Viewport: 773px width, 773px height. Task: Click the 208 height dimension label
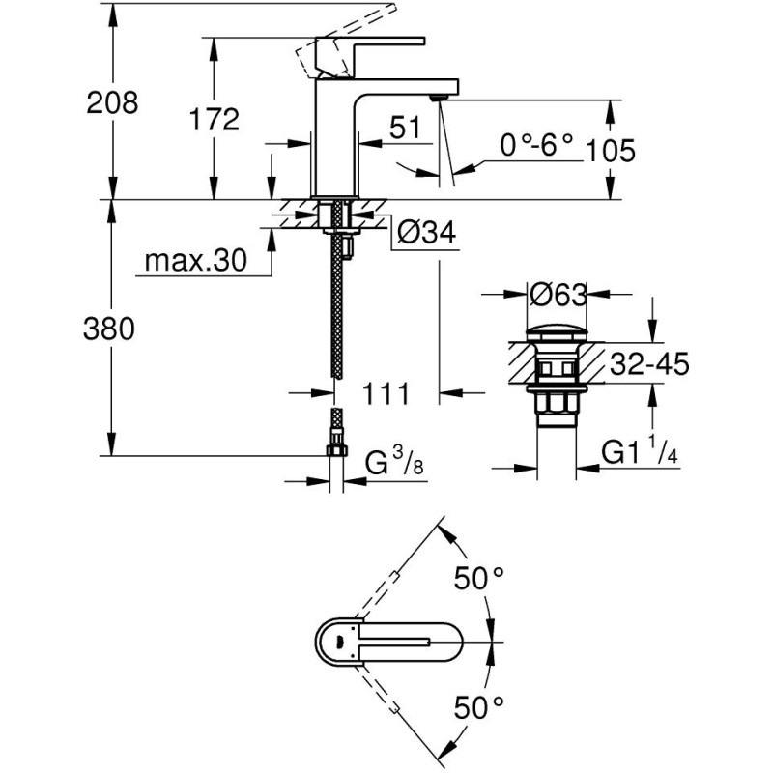112,102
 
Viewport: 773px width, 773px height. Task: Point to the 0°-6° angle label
536,146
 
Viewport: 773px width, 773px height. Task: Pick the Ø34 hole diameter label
425,232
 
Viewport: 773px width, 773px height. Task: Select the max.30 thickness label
194,260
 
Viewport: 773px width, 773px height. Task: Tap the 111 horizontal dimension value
387,393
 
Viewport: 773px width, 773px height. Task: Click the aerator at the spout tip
440,95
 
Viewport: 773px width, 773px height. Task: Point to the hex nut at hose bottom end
336,449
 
